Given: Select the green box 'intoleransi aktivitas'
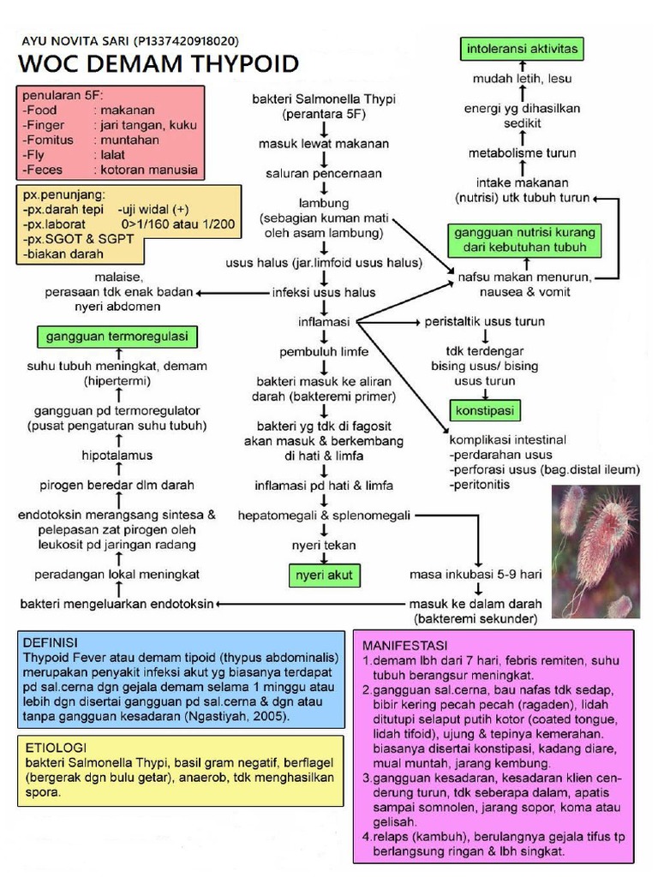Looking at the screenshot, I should click(x=521, y=49).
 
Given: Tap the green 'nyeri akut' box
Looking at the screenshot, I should click(x=323, y=574).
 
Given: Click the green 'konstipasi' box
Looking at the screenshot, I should click(x=484, y=410).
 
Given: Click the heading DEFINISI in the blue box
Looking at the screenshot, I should click(x=51, y=642).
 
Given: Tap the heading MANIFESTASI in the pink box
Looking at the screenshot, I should click(x=407, y=643).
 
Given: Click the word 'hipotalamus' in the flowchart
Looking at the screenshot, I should click(x=117, y=455).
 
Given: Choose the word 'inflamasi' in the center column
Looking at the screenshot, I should click(x=323, y=321).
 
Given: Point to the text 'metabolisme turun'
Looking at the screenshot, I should click(x=522, y=152).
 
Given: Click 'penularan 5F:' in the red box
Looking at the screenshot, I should click(x=63, y=94).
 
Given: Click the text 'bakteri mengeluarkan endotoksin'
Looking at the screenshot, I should click(x=117, y=603).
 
